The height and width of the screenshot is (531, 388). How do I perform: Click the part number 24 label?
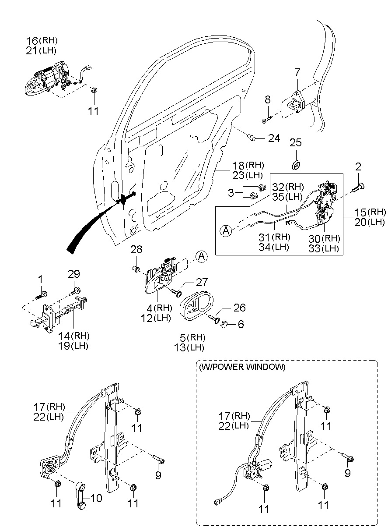(x=274, y=138)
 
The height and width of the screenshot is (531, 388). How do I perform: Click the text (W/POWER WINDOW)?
(x=242, y=367)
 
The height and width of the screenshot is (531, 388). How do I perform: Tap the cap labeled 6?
(x=226, y=324)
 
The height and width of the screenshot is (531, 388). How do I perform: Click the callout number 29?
(x=74, y=274)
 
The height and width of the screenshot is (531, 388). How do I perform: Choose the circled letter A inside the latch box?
(x=226, y=231)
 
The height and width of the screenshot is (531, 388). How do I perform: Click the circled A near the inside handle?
(x=200, y=256)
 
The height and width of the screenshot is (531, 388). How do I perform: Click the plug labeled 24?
(x=252, y=138)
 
